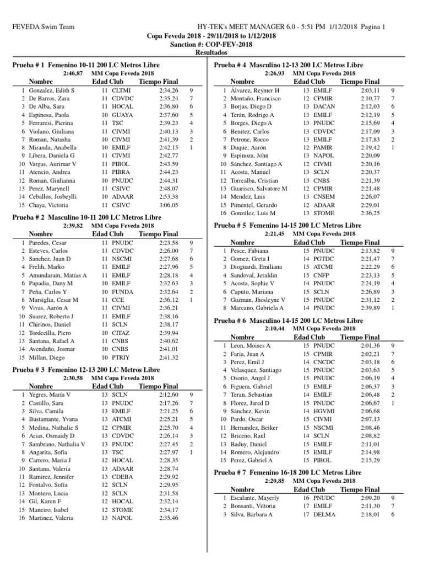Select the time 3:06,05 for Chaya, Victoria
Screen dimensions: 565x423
click(169, 205)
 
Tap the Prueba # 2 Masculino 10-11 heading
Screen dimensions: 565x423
click(86, 217)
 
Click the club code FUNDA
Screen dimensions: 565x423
click(122, 291)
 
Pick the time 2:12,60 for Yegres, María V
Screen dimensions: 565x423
click(169, 395)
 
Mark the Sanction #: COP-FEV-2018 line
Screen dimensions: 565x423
click(211, 45)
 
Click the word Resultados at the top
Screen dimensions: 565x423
click(211, 53)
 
